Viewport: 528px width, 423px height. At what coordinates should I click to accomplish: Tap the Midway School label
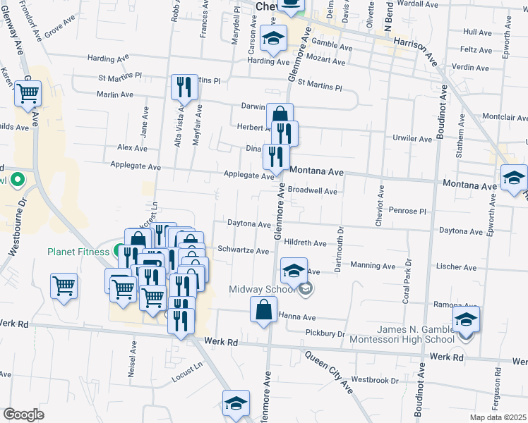pos(262,289)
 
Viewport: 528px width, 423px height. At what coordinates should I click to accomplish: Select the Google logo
pos(23,415)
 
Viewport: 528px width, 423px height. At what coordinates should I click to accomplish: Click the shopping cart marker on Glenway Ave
pos(28,93)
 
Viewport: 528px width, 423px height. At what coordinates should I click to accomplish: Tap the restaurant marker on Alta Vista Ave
pos(184,87)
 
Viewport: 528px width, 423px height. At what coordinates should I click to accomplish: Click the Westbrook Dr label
pos(374,381)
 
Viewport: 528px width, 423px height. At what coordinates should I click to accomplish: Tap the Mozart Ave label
pos(325,62)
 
